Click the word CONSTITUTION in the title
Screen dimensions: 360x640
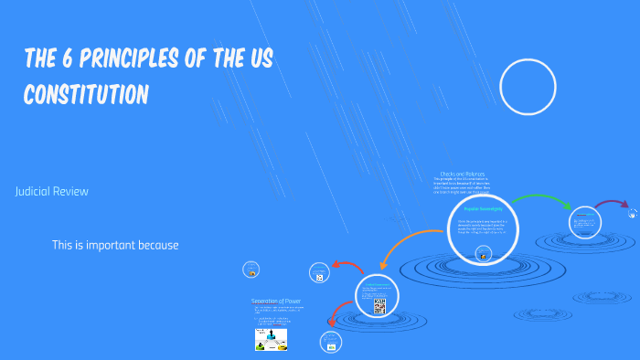(x=86, y=94)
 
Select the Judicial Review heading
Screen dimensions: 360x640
(x=51, y=192)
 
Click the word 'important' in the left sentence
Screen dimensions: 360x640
(x=119, y=245)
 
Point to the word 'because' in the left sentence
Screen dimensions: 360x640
(x=160, y=245)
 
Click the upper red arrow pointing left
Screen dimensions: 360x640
(x=347, y=267)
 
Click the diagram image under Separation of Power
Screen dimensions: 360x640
(x=272, y=340)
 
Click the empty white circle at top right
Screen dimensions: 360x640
(x=528, y=87)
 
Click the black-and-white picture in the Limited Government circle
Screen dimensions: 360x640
(x=379, y=307)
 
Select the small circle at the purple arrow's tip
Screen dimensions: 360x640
(x=634, y=213)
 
